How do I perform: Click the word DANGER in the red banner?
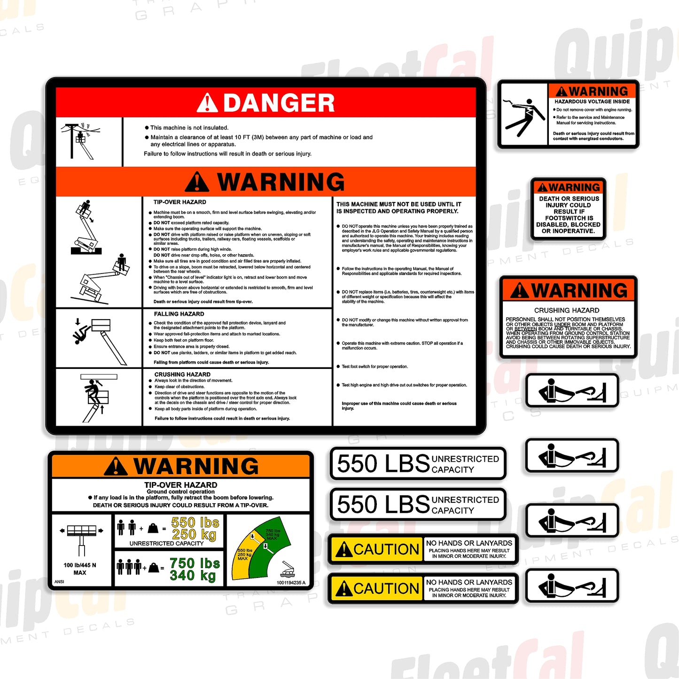click(279, 103)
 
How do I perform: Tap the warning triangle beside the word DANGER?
click(207, 103)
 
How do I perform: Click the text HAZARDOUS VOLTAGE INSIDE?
click(592, 101)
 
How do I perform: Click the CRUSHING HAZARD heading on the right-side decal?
click(567, 310)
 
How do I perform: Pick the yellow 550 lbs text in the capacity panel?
click(195, 523)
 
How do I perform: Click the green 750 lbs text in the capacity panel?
click(195, 563)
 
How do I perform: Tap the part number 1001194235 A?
click(291, 583)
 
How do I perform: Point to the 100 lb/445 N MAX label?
click(80, 569)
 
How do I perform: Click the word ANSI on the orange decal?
click(59, 582)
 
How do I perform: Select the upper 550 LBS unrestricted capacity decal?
click(418, 464)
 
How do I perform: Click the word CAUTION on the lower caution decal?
click(386, 588)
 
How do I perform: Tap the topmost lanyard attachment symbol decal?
click(571, 391)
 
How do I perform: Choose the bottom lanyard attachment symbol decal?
click(571, 585)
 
